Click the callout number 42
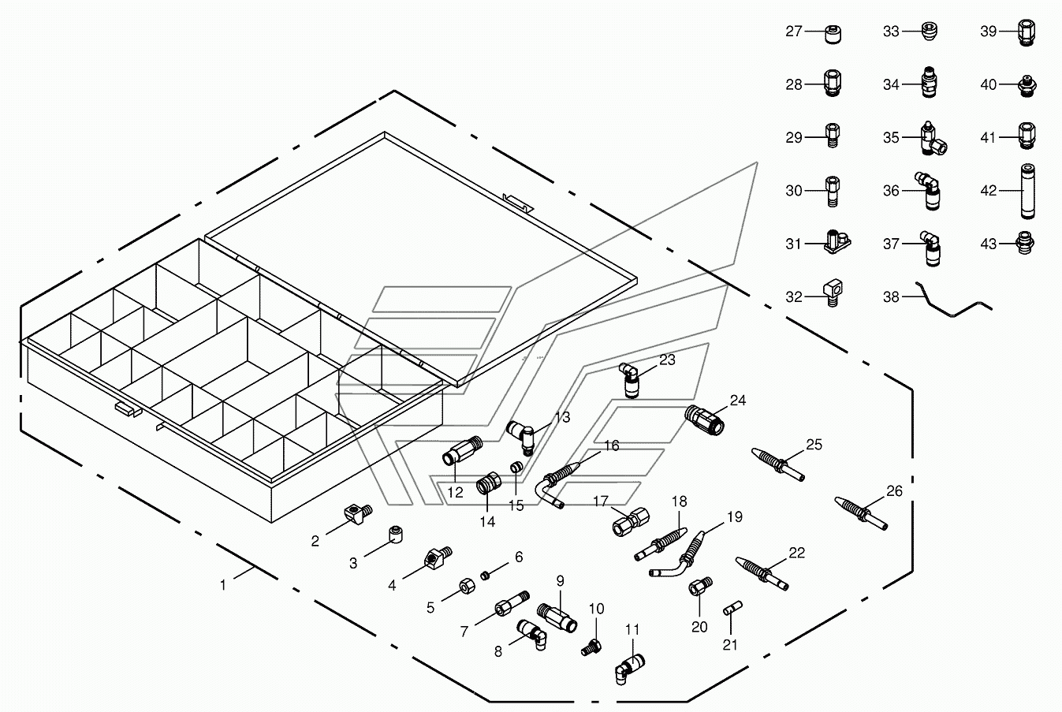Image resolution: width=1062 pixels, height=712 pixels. click(989, 191)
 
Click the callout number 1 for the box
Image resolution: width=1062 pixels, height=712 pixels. click(223, 585)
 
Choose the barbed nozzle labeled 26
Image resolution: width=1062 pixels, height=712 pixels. click(861, 513)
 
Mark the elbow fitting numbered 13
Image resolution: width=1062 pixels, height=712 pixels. click(521, 432)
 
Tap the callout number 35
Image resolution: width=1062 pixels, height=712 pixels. click(891, 138)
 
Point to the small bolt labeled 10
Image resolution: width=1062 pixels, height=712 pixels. click(590, 647)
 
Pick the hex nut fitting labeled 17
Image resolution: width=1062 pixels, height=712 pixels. click(631, 520)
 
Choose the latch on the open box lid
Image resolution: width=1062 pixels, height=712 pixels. click(516, 203)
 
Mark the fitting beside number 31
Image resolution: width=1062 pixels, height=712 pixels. click(836, 243)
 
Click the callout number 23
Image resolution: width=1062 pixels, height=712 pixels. click(667, 360)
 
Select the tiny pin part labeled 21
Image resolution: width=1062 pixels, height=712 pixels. click(730, 609)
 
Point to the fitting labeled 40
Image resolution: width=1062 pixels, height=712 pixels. click(1026, 84)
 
